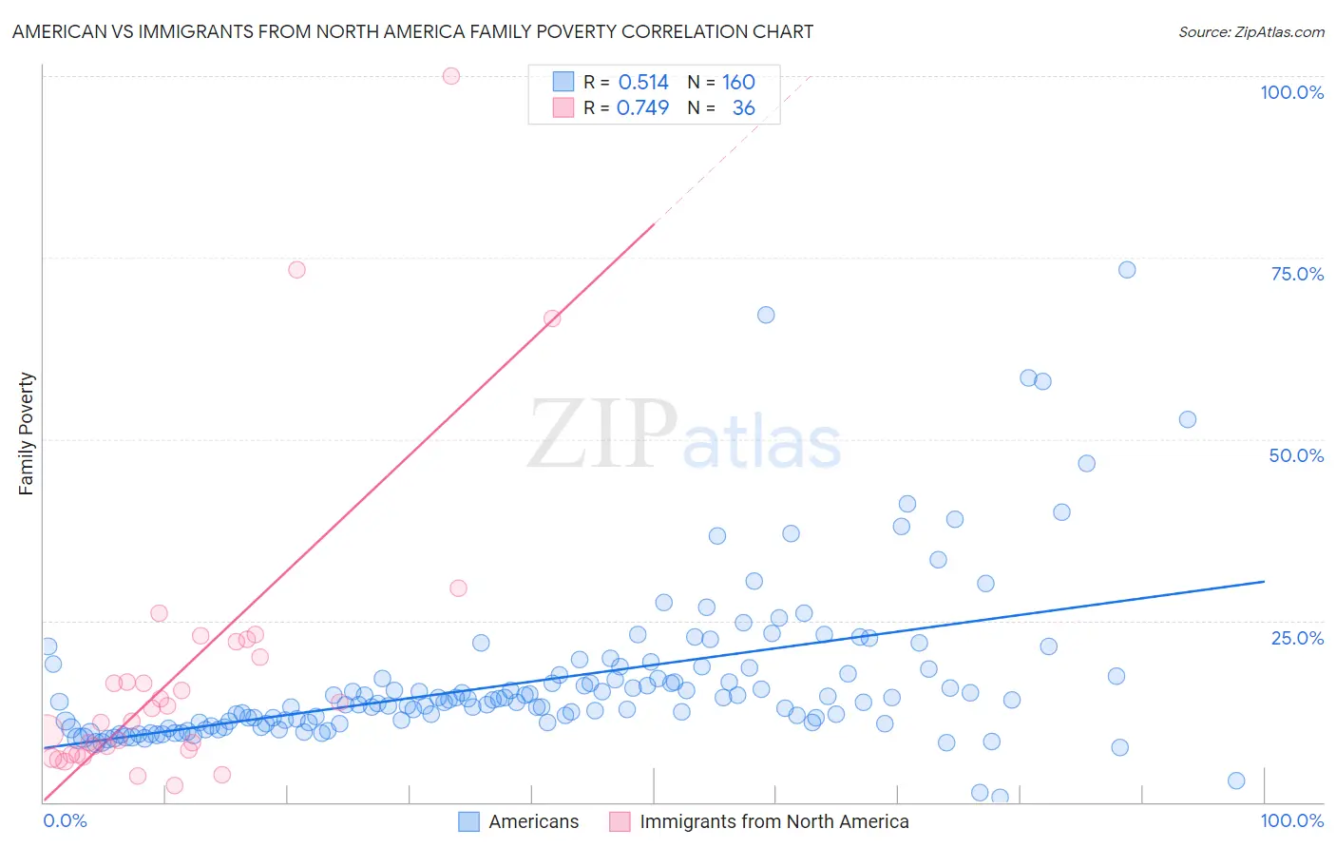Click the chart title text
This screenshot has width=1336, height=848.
click(x=412, y=31)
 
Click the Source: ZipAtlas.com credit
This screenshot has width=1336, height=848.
click(x=1250, y=31)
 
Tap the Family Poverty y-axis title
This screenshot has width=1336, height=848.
click(x=26, y=434)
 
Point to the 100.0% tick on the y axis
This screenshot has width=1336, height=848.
click(x=1291, y=92)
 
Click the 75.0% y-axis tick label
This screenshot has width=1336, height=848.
click(x=1297, y=274)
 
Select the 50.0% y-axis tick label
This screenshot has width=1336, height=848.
click(x=1296, y=455)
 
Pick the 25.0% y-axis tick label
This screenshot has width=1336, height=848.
click(x=1297, y=638)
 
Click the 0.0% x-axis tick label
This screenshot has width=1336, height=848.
click(x=65, y=820)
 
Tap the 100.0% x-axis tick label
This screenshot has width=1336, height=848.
click(x=1291, y=820)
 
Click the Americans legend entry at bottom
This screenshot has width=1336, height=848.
click(x=533, y=821)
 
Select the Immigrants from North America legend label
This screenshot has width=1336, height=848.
click(x=773, y=821)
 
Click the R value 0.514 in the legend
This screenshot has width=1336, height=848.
click(x=643, y=83)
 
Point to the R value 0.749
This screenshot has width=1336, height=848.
click(x=642, y=108)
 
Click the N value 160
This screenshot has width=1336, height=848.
click(x=738, y=83)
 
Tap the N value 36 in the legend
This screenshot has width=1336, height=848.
click(x=743, y=108)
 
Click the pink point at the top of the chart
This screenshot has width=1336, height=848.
click(x=451, y=76)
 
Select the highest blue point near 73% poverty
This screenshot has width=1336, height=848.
click(x=1127, y=270)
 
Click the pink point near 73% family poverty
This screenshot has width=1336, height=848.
click(x=296, y=270)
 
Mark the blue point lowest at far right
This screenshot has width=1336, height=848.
click(x=1236, y=781)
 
